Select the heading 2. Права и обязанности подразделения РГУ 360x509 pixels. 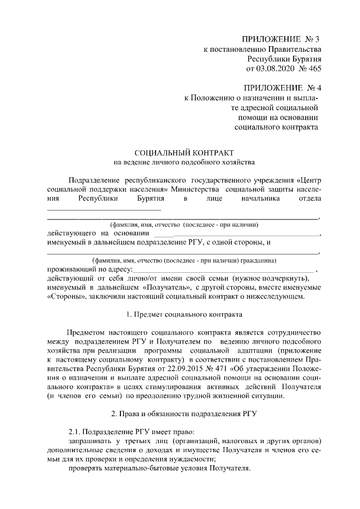pyautogui.click(x=184, y=414)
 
